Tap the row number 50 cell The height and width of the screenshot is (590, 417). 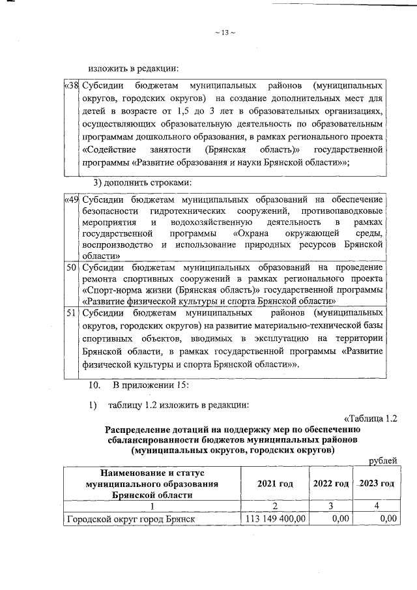pyautogui.click(x=72, y=267)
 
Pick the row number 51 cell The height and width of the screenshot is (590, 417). pyautogui.click(x=72, y=312)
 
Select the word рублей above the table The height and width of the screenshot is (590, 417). pyautogui.click(x=383, y=461)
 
